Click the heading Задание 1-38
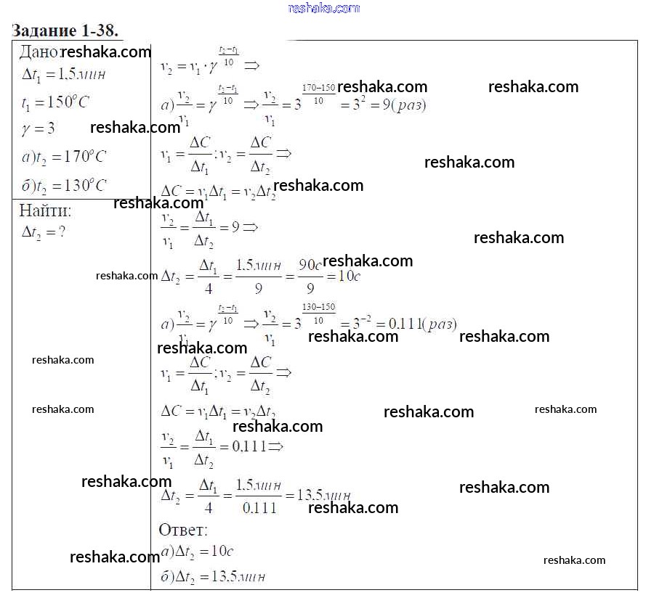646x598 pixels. tap(65, 30)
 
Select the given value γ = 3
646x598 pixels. tap(39, 129)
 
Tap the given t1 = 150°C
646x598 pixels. tap(55, 102)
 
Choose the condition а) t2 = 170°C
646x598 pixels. tap(64, 157)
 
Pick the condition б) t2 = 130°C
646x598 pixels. tap(64, 185)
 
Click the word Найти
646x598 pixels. tap(45, 211)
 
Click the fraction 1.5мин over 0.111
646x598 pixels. tap(259, 496)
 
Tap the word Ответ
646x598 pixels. tap(182, 530)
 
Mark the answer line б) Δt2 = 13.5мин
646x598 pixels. tap(212, 578)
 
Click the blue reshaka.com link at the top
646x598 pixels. tap(323, 8)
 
